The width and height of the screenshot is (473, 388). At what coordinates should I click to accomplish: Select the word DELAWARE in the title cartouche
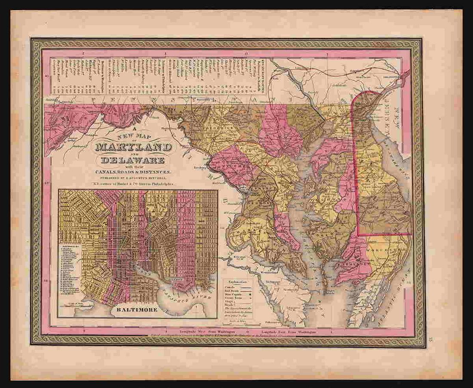133,161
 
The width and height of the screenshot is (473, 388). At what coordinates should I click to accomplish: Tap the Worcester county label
389,248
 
